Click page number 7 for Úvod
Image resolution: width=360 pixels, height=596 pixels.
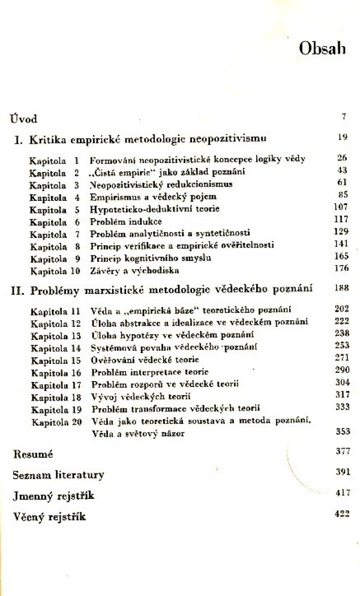[344, 116]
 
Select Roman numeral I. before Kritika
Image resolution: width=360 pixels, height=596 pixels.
[18, 140]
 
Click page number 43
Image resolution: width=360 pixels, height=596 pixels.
[343, 171]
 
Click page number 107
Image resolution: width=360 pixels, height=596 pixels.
[340, 208]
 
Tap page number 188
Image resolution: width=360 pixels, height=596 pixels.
[341, 288]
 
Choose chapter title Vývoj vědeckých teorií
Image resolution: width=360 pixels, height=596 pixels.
[132, 398]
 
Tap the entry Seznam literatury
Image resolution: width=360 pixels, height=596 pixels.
[58, 475]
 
